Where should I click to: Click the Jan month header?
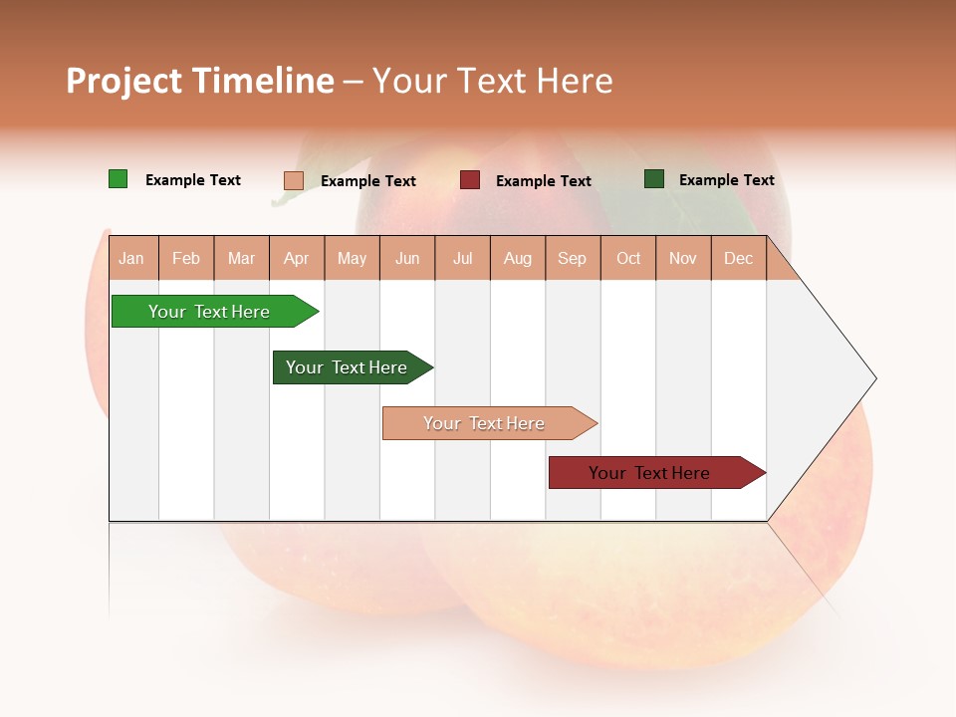coord(132,259)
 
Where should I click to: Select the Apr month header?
coord(297,259)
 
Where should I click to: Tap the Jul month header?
coord(462,259)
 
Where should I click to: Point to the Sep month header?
coord(572,259)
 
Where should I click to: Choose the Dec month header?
coord(738,259)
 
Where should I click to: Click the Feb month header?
coord(186,259)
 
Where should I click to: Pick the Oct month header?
coord(628,259)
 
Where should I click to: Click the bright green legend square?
coord(118,179)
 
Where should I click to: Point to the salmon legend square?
coord(293,180)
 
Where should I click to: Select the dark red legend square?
coord(469,180)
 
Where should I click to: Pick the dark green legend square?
coord(653,179)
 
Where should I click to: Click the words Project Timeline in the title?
coord(199,81)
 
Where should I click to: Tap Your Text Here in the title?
coord(492,81)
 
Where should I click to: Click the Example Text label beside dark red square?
coord(543,181)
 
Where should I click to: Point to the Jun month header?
coord(407,259)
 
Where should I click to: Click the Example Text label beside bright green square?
coord(192,180)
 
